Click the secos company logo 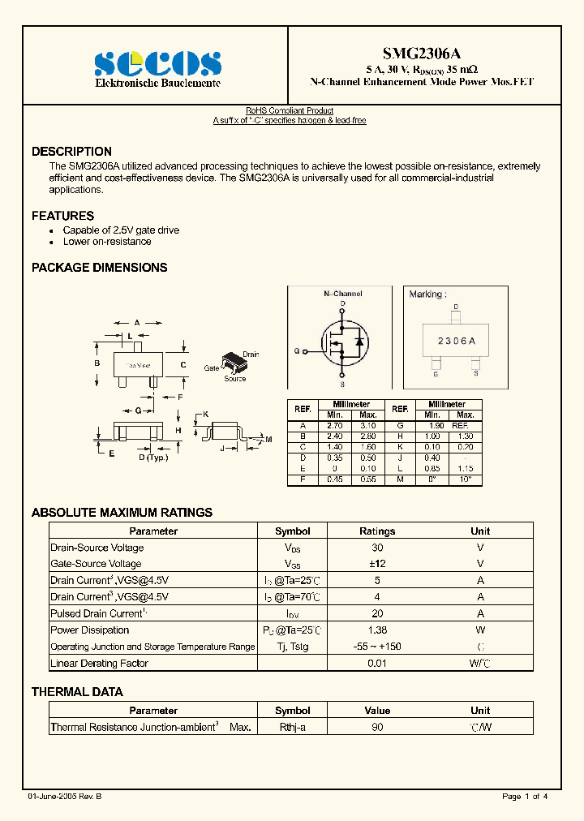tap(157, 63)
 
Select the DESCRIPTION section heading tap(71, 152)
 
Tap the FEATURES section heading tap(62, 216)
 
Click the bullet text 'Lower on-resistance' tap(107, 241)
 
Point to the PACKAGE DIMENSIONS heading tap(99, 268)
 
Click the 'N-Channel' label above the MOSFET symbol tap(342, 294)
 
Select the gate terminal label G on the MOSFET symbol tap(297, 351)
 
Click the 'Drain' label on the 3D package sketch tap(251, 355)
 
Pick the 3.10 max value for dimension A tap(368, 426)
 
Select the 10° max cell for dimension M tap(466, 479)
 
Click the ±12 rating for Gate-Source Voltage tap(376, 564)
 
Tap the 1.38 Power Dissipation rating tap(376, 630)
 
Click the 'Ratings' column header tap(376, 531)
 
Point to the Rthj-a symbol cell tap(292, 727)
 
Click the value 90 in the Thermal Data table tap(376, 727)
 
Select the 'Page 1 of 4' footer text tap(525, 797)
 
